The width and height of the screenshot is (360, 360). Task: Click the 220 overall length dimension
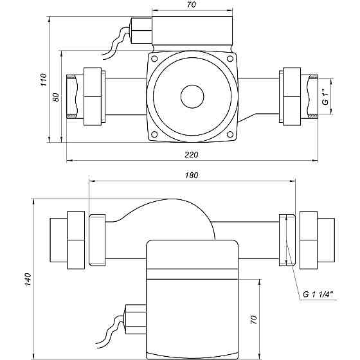coord(192,154)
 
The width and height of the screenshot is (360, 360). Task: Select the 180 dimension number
coord(192,175)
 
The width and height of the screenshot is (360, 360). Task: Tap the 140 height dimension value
coord(28,280)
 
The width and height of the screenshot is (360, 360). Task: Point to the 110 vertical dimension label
coord(44,80)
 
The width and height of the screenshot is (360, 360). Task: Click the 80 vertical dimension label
coord(56,97)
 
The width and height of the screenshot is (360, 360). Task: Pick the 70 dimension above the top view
coord(192,4)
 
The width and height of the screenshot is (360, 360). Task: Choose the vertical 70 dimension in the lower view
coord(254,319)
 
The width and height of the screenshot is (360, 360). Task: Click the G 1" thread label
coord(325,99)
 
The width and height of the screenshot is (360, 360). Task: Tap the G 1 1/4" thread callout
coord(318,294)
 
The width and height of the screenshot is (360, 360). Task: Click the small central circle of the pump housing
coord(192,96)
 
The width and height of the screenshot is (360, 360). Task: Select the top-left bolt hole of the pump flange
coord(154,59)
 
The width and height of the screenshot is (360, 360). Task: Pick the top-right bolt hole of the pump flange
coord(230,59)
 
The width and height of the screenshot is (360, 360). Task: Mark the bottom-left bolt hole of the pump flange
coord(154,134)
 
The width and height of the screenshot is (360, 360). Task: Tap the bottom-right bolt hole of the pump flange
coord(230,134)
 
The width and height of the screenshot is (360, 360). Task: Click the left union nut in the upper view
coord(93,96)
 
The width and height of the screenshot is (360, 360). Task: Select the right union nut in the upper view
coord(292,96)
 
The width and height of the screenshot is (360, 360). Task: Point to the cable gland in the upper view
coord(141,31)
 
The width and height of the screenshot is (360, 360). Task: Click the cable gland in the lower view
coord(136,319)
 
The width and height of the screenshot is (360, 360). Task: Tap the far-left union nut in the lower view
coord(76,240)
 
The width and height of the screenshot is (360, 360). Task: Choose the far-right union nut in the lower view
coord(309,240)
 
